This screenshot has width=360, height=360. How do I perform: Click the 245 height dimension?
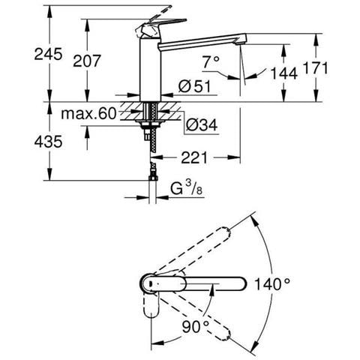[x=48, y=54]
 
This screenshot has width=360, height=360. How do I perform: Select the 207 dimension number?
[x=87, y=61]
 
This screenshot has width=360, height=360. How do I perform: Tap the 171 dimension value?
[x=316, y=68]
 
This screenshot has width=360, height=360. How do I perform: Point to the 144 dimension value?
[x=284, y=73]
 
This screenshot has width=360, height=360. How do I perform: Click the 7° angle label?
[x=211, y=61]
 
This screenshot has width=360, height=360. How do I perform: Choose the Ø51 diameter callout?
[x=195, y=86]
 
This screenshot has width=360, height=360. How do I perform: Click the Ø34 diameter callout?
[x=202, y=124]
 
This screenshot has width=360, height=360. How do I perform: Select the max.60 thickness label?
[x=89, y=114]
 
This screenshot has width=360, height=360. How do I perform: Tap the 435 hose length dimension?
[x=48, y=142]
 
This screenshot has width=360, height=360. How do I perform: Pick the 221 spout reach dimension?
[x=194, y=157]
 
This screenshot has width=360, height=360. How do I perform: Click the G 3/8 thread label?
[x=186, y=189]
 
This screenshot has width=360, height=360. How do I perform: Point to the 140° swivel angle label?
[x=272, y=284]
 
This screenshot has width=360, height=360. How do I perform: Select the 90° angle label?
[x=196, y=327]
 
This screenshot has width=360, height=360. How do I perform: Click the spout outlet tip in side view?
[x=241, y=43]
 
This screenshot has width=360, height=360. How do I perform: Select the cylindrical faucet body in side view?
[x=150, y=69]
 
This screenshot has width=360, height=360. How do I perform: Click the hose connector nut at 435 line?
[x=152, y=178]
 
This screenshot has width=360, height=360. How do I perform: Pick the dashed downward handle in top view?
[x=151, y=304]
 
